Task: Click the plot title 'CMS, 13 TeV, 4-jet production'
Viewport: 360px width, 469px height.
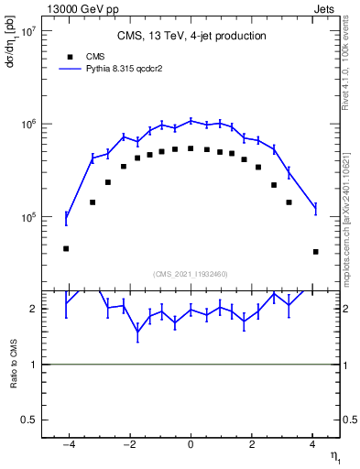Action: click(x=191, y=36)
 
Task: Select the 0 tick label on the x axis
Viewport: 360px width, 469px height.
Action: click(x=191, y=446)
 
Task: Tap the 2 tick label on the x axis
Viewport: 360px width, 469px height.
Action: click(x=252, y=446)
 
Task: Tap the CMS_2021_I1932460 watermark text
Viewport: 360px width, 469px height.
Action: click(x=191, y=273)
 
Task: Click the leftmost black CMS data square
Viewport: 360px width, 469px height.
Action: click(x=66, y=248)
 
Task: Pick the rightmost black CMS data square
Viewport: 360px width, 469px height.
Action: click(x=315, y=252)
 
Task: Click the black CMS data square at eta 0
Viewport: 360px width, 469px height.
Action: click(x=191, y=148)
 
